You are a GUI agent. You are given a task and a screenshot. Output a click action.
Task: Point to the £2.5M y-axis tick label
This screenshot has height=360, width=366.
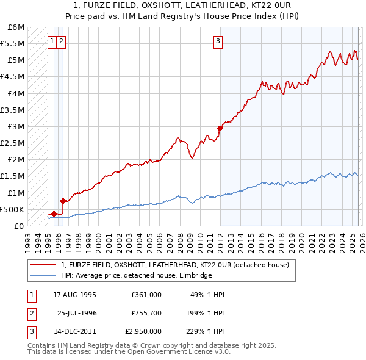(x=12, y=143)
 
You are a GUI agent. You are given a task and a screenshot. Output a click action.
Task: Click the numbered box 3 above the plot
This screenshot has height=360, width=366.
(x=218, y=41)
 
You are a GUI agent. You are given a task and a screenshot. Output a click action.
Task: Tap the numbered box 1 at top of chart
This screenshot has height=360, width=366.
(x=53, y=41)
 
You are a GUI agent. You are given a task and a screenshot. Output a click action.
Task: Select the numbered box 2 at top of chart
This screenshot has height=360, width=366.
(x=63, y=41)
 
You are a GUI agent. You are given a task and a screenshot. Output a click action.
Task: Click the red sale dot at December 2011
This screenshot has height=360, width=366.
(x=220, y=128)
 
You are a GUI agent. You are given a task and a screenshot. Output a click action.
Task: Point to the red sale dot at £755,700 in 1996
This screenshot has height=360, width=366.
(x=63, y=200)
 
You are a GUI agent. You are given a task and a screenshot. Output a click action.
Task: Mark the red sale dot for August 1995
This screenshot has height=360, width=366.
(x=54, y=214)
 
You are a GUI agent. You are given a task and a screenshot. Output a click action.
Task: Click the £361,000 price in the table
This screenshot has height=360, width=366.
(x=146, y=294)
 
